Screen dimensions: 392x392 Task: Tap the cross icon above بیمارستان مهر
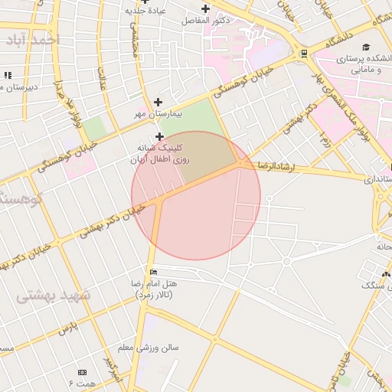[158, 102]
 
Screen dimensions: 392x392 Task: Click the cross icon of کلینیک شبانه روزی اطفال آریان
[159, 136]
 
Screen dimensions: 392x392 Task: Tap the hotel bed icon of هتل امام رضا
[154, 272]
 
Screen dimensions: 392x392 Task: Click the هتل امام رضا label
[153, 289]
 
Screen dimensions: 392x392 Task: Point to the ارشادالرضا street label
[273, 165]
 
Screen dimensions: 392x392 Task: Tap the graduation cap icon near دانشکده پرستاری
[367, 47]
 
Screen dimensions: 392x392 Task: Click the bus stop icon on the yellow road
[305, 53]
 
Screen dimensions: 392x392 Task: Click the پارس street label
[69, 328]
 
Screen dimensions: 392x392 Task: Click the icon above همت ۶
[82, 372]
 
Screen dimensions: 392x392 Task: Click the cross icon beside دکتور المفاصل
[205, 8]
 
